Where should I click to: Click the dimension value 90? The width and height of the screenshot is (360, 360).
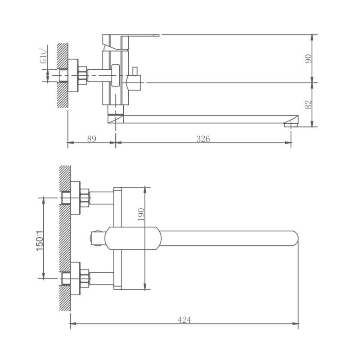click(x=308, y=58)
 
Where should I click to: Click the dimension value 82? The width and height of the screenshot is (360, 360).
click(x=308, y=104)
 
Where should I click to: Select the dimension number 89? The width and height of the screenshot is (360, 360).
click(x=91, y=139)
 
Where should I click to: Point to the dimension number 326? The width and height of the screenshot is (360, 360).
click(x=203, y=139)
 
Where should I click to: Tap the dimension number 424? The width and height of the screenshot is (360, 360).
click(x=184, y=320)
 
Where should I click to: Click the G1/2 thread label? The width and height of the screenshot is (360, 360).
click(x=43, y=58)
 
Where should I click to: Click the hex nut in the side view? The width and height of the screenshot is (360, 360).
click(x=83, y=75)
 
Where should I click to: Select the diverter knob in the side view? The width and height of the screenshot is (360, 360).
click(x=134, y=81)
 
